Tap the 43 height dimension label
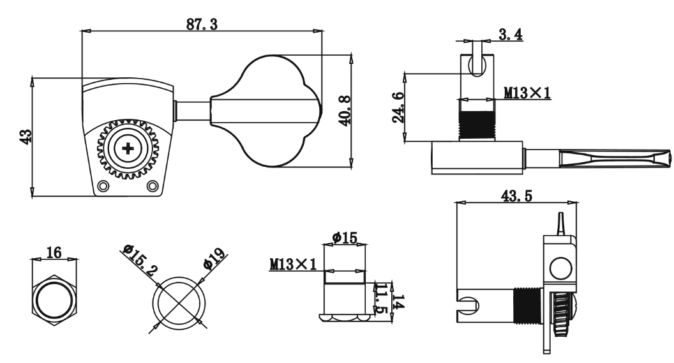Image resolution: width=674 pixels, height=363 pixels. (26, 137)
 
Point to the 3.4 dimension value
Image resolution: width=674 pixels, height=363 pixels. (511, 35)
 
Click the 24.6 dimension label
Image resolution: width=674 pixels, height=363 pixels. (398, 107)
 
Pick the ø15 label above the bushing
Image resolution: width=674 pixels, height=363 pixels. (345, 238)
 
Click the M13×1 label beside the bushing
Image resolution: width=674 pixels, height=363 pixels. (293, 263)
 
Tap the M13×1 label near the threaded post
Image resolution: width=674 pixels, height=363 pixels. (527, 93)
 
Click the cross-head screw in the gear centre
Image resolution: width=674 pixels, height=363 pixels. (129, 149)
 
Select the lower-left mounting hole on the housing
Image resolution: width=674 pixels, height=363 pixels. (103, 186)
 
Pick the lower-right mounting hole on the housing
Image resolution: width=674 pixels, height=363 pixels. (152, 186)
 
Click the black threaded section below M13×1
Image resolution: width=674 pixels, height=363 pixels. (477, 125)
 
